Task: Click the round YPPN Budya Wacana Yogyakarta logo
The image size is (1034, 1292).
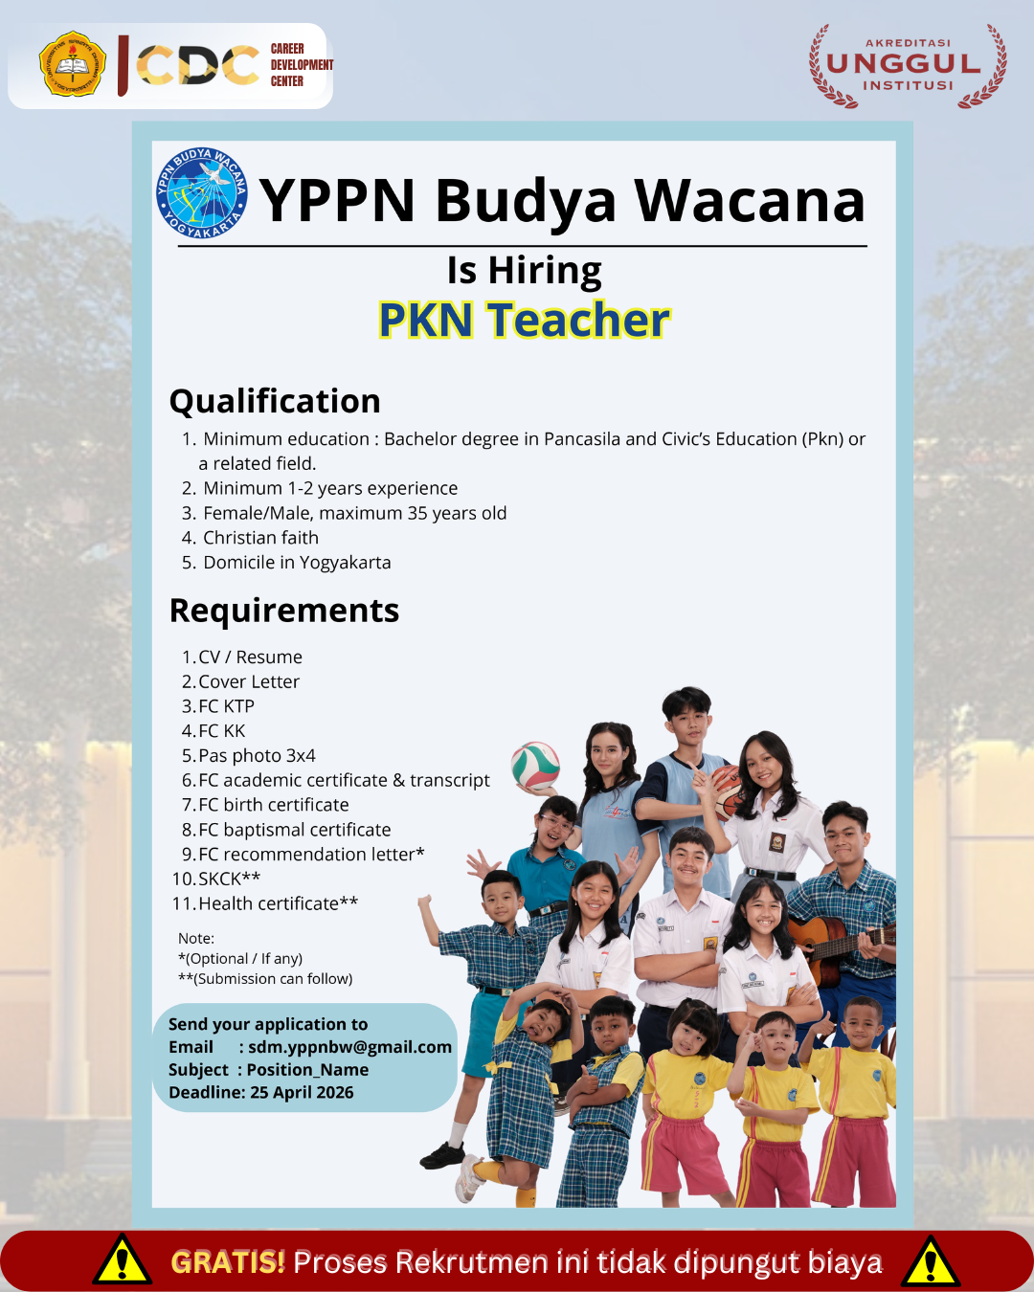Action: coord(202,193)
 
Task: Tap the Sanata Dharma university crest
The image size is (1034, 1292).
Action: coord(73,64)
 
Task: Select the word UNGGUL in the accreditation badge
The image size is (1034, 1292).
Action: coord(904,64)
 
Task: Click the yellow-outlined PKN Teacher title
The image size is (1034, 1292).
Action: coord(524,320)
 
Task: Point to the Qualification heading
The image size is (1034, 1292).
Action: coord(275,401)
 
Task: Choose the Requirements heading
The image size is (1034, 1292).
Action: coord(284,612)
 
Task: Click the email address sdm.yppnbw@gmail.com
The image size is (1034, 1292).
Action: coord(349,1047)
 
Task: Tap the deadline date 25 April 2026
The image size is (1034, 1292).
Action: coord(302,1093)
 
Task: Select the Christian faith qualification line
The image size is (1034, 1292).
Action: coord(260,538)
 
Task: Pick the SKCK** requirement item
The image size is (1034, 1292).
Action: coord(229,879)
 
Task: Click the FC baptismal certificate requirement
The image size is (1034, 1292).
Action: coord(294,830)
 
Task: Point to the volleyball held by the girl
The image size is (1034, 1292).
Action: coord(535,766)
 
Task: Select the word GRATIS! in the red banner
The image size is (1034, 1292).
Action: coord(228,1262)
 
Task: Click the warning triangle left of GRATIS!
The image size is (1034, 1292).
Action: coord(123,1260)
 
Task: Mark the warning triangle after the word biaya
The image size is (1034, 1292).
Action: coord(930,1261)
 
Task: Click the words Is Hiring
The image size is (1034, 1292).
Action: coord(524,271)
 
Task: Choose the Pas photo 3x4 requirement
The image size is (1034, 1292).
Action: coord(258,756)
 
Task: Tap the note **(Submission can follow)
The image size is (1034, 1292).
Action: coord(265,979)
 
